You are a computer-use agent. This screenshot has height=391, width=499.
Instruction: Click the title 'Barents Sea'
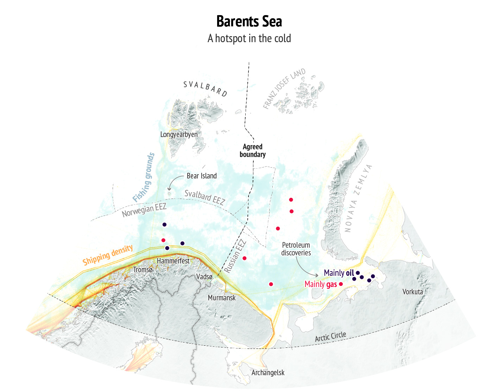(249, 21)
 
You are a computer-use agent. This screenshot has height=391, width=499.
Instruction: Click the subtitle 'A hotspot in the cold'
(249, 38)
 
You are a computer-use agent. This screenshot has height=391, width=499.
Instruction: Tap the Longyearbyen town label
(179, 135)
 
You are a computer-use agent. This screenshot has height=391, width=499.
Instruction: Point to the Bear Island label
(202, 176)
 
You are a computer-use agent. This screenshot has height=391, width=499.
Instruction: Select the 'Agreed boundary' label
(253, 151)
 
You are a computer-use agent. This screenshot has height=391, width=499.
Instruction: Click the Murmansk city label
(222, 298)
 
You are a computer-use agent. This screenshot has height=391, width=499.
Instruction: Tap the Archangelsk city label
(268, 373)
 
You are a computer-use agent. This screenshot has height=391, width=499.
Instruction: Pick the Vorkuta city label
(412, 292)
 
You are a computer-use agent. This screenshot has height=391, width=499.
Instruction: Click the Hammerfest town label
(173, 261)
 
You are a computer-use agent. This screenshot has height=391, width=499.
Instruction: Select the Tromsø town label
(143, 270)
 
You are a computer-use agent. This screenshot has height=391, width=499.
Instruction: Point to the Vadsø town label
(204, 277)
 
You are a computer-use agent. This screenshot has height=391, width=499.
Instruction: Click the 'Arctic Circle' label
(330, 337)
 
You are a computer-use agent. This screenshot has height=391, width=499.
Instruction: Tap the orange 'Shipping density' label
(108, 255)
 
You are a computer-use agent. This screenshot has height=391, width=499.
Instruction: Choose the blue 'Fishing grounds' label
(144, 178)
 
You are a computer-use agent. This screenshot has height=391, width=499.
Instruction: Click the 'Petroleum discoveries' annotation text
(296, 249)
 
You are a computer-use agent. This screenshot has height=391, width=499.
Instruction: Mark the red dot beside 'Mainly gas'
(341, 284)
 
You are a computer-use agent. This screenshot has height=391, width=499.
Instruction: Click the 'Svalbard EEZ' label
(204, 197)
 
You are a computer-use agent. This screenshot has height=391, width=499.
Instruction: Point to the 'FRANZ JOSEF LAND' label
(284, 89)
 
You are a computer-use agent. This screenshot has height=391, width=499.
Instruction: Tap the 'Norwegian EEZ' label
(144, 210)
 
